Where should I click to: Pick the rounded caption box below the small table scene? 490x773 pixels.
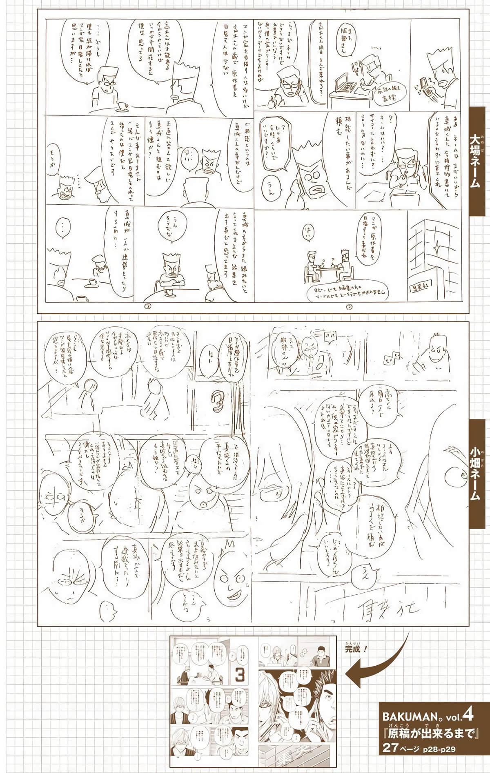point(347,292)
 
